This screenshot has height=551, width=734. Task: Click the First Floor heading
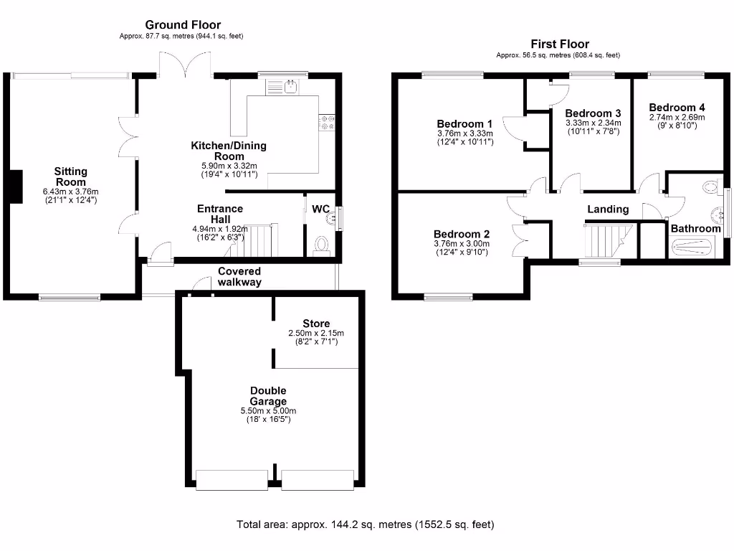coord(559,44)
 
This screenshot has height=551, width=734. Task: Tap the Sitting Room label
coord(71,176)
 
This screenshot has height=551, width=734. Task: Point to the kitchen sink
coord(290,88)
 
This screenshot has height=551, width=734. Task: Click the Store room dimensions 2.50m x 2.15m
coord(316,333)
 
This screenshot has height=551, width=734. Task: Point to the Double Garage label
coord(268,396)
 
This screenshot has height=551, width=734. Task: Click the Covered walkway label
coord(239,276)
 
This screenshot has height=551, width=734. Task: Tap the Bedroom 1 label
coord(464,123)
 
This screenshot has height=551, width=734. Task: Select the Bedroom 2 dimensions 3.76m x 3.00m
coord(462,244)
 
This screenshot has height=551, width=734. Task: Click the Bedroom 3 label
coord(592,113)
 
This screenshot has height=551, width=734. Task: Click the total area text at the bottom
coord(366,524)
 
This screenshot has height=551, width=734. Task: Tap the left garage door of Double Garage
coord(232,479)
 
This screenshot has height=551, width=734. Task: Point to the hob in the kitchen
coord(328,123)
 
